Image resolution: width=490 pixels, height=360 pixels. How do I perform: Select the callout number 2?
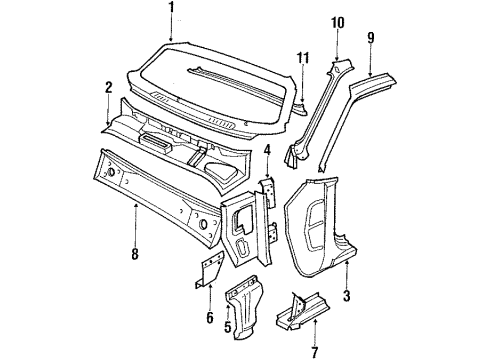(108, 87)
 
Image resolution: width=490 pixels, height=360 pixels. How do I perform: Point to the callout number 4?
(267, 151)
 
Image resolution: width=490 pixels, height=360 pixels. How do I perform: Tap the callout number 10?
(337, 21)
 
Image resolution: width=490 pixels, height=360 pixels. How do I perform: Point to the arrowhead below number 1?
(171, 40)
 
